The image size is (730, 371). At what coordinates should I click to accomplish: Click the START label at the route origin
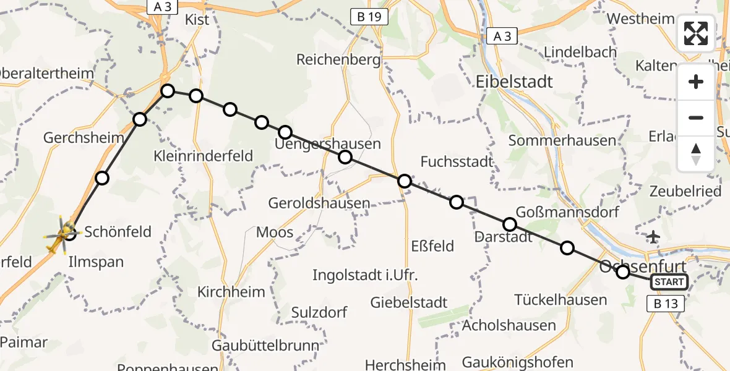point(669,282)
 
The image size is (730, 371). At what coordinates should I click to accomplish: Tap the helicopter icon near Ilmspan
point(62,236)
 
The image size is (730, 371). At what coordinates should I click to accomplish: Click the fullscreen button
point(696,33)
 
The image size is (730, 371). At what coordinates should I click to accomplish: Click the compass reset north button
point(696,154)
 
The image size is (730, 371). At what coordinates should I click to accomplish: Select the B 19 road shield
point(369,17)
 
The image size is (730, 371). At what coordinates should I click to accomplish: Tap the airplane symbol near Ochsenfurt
point(653,236)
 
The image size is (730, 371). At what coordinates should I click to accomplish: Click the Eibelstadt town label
point(515,82)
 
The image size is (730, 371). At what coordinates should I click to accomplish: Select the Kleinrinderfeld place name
point(204,156)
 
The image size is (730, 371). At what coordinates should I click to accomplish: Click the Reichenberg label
point(337,60)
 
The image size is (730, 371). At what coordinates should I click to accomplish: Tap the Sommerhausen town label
point(562,140)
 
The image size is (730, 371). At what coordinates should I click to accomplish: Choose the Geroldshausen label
point(319,203)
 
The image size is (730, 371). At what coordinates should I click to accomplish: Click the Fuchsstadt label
point(457,162)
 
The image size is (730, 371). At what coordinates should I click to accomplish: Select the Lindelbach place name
point(580,53)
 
